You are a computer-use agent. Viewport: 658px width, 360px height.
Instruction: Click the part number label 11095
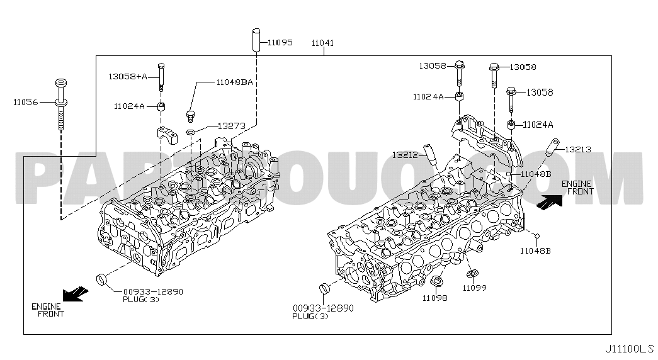pyautogui.click(x=280, y=42)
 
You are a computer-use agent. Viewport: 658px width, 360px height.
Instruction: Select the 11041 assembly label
pyautogui.click(x=323, y=43)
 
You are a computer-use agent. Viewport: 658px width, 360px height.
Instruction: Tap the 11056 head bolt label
pyautogui.click(x=25, y=101)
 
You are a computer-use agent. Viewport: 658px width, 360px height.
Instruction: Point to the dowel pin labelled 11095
pyautogui.click(x=256, y=40)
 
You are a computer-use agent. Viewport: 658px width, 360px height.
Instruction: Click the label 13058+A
pyautogui.click(x=128, y=76)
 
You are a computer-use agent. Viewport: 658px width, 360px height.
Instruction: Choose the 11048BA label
pyautogui.click(x=235, y=82)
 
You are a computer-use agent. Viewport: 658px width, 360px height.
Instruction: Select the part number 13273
pyautogui.click(x=231, y=127)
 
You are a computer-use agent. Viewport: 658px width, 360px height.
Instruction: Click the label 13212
pyautogui.click(x=405, y=155)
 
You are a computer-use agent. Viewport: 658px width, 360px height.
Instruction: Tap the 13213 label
pyautogui.click(x=578, y=149)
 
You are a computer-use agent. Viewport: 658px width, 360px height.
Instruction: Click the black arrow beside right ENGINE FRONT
pyautogui.click(x=549, y=202)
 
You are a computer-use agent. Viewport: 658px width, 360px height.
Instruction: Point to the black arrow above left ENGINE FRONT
pyautogui.click(x=76, y=294)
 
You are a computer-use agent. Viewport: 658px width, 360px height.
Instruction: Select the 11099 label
pyautogui.click(x=475, y=288)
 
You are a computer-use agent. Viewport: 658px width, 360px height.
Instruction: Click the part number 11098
pyautogui.click(x=434, y=298)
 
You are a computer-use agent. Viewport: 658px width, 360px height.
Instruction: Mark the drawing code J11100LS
pyautogui.click(x=629, y=349)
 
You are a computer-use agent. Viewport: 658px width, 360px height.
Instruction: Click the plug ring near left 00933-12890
pyautogui.click(x=102, y=279)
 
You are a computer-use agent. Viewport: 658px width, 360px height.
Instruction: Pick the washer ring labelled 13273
pyautogui.click(x=190, y=133)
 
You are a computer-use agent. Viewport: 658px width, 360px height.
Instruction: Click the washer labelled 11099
pyautogui.click(x=472, y=274)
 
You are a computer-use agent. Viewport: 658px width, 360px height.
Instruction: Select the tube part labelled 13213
pyautogui.click(x=552, y=147)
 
